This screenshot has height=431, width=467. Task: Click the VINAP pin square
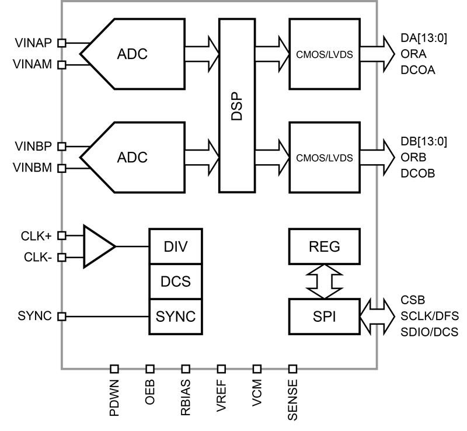(62, 43)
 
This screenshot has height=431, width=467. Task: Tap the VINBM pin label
(33, 168)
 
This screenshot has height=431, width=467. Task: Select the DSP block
(237, 106)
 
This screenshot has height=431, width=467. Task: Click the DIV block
(176, 246)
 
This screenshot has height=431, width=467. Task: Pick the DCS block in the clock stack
(176, 281)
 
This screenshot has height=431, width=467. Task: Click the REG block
(325, 246)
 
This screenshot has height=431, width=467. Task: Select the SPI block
(325, 317)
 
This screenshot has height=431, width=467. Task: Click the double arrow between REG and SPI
(325, 281)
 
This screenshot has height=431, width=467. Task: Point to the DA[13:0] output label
(424, 38)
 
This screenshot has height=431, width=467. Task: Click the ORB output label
(413, 157)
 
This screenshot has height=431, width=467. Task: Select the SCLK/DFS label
(430, 316)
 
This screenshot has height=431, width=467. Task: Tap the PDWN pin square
(114, 369)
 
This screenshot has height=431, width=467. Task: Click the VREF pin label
(221, 395)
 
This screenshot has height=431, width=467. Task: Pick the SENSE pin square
(293, 369)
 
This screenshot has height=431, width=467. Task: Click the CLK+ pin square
(62, 236)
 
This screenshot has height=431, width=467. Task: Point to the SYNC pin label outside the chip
(34, 316)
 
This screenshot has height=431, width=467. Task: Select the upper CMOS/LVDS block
(325, 54)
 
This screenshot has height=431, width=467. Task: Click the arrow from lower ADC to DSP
(202, 157)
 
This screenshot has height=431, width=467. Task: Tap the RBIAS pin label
(186, 398)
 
